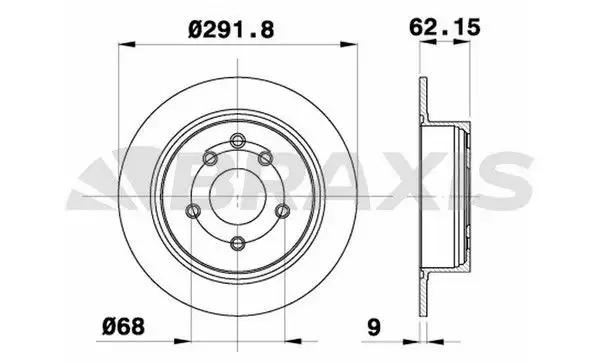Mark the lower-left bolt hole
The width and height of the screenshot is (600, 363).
click(192, 209)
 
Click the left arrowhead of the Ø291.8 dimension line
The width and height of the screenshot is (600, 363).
click(125, 43)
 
